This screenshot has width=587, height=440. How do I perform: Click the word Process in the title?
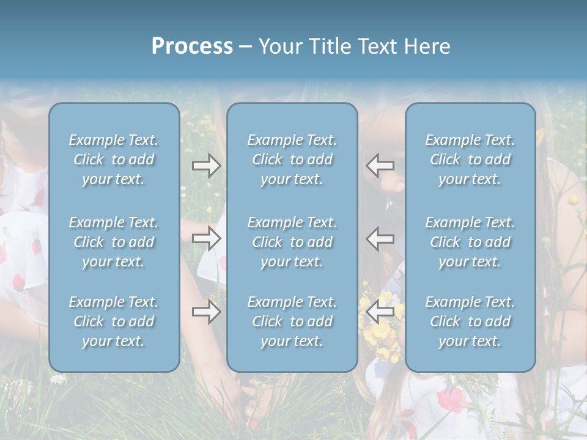(x=192, y=46)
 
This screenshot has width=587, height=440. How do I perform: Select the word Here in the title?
(x=427, y=46)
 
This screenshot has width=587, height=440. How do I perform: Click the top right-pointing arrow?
(x=206, y=165)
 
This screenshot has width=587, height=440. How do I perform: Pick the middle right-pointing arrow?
(x=206, y=238)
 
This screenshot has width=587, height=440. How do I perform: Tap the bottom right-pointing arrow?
(x=206, y=312)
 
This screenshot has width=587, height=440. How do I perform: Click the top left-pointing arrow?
(x=380, y=165)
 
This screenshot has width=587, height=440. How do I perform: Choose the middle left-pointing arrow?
(x=380, y=238)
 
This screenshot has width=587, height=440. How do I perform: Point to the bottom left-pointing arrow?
(x=380, y=312)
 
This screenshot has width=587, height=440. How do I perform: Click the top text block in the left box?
(x=114, y=159)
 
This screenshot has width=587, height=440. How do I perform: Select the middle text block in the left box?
(x=114, y=242)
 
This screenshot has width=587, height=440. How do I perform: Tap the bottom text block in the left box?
(x=114, y=321)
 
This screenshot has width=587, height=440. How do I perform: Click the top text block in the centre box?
(x=292, y=159)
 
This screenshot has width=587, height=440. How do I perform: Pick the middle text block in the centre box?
(x=292, y=242)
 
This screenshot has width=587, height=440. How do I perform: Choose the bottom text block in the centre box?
(x=292, y=321)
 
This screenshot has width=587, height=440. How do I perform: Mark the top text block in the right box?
(x=470, y=159)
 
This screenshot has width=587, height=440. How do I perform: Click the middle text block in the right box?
(x=470, y=242)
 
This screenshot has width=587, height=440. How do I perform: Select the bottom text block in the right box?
(x=470, y=321)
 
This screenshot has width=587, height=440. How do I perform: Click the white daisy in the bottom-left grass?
(x=57, y=380)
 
